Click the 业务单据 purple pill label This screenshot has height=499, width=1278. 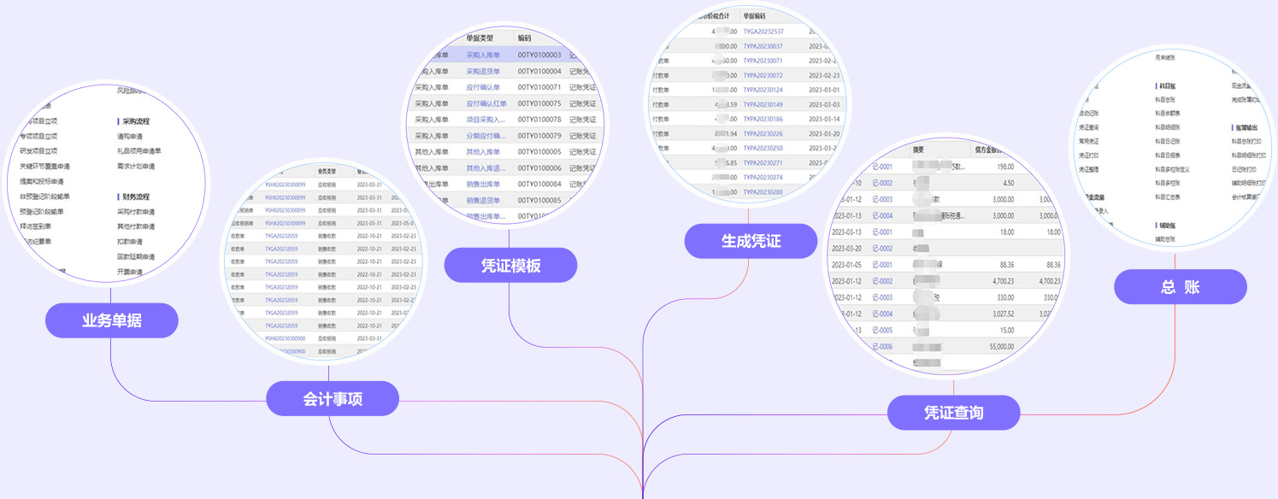pyautogui.click(x=111, y=320)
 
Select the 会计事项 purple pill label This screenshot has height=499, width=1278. pyautogui.click(x=332, y=398)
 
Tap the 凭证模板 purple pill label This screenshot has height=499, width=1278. pyautogui.click(x=510, y=265)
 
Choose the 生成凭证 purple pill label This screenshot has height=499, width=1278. pyautogui.click(x=751, y=240)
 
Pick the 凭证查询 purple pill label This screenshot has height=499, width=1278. pyautogui.click(x=953, y=413)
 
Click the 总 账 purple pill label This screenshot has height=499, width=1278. pyautogui.click(x=1180, y=286)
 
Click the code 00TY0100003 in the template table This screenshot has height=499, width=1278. pyautogui.click(x=539, y=55)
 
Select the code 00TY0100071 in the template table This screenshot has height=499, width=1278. pyautogui.click(x=539, y=87)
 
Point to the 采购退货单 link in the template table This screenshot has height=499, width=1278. pyautogui.click(x=484, y=71)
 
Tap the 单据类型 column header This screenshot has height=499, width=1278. pyautogui.click(x=480, y=38)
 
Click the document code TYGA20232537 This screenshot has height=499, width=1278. pyautogui.click(x=763, y=32)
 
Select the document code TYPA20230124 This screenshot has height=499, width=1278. pyautogui.click(x=763, y=90)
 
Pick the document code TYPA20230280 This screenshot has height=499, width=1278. pyautogui.click(x=763, y=192)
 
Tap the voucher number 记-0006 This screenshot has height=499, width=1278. pyautogui.click(x=880, y=346)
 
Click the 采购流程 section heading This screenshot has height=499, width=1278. pyautogui.click(x=136, y=121)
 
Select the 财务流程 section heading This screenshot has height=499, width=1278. pyautogui.click(x=136, y=197)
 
